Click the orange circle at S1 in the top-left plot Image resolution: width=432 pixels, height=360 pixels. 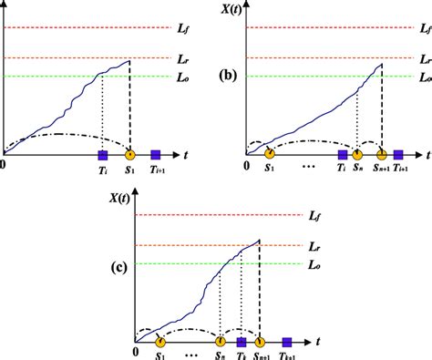pyautogui.click(x=129, y=153)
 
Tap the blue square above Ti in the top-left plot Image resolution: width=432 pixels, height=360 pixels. pyautogui.click(x=102, y=153)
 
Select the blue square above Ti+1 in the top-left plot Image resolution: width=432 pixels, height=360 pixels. pyautogui.click(x=156, y=153)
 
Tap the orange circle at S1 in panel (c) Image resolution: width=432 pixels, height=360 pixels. pyautogui.click(x=160, y=343)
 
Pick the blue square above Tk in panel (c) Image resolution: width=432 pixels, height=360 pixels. pyautogui.click(x=242, y=343)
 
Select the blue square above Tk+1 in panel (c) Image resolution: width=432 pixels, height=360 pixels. pyautogui.click(x=286, y=343)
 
